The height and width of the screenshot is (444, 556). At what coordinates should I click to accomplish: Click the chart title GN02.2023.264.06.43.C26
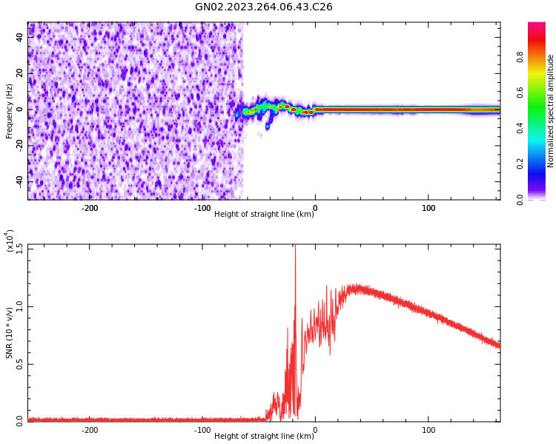(263, 7)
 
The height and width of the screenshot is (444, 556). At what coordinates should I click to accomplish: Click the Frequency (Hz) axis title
(10, 111)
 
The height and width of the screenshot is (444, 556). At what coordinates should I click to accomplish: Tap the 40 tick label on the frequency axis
(20, 38)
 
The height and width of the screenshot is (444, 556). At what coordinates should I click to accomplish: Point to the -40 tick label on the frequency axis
(19, 181)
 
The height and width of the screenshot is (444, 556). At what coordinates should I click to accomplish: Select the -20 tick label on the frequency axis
(19, 146)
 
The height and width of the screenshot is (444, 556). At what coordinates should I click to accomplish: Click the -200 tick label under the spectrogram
(89, 208)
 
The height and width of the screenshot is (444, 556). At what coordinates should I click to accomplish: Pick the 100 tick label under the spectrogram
(428, 208)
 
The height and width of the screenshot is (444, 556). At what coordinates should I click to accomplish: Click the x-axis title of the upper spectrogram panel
(264, 215)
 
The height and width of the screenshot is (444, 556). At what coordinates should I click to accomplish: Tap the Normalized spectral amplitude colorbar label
(551, 111)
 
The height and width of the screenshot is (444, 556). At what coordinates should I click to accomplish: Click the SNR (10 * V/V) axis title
(10, 333)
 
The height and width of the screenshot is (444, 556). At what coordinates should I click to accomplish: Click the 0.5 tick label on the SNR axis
(19, 364)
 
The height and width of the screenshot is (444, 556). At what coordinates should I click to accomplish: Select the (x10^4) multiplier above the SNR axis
(10, 240)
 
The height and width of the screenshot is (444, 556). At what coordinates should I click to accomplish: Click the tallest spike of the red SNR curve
(295, 247)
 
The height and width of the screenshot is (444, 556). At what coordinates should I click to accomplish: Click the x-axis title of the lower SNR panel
(264, 437)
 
